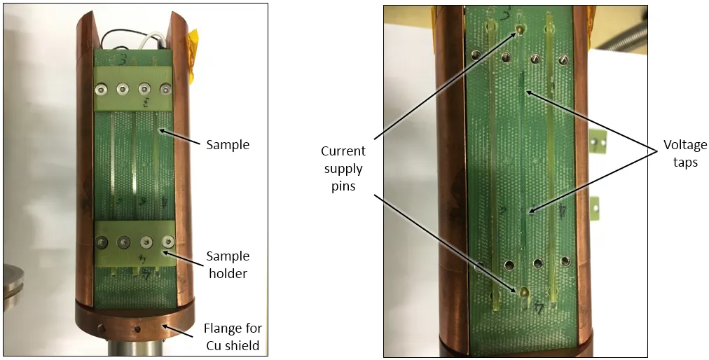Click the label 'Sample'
(x=228, y=145)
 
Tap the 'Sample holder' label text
(x=228, y=265)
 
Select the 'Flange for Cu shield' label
(x=233, y=336)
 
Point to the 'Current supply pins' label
(x=343, y=169)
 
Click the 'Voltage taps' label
(x=684, y=153)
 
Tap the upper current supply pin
(x=520, y=30)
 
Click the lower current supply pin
(x=524, y=291)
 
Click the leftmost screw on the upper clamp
(x=101, y=90)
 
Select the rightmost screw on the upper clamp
(x=167, y=90)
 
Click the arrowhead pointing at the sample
(x=161, y=131)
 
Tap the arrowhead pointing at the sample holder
(x=166, y=252)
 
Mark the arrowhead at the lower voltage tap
(x=532, y=210)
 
